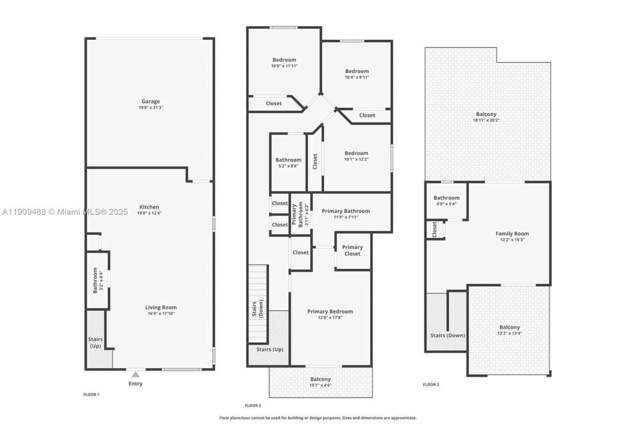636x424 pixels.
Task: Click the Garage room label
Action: tap(150, 101)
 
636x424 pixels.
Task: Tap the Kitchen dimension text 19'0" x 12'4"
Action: tap(150, 213)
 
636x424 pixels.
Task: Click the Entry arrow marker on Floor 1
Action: tap(135, 374)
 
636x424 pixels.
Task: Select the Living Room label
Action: tap(160, 307)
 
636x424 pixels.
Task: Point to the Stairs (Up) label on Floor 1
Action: tap(96, 342)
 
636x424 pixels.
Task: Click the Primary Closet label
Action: tap(352, 251)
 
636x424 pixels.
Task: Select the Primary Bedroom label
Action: tap(330, 312)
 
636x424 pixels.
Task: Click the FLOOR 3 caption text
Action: tap(431, 384)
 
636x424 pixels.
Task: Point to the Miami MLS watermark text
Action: tap(65, 212)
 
